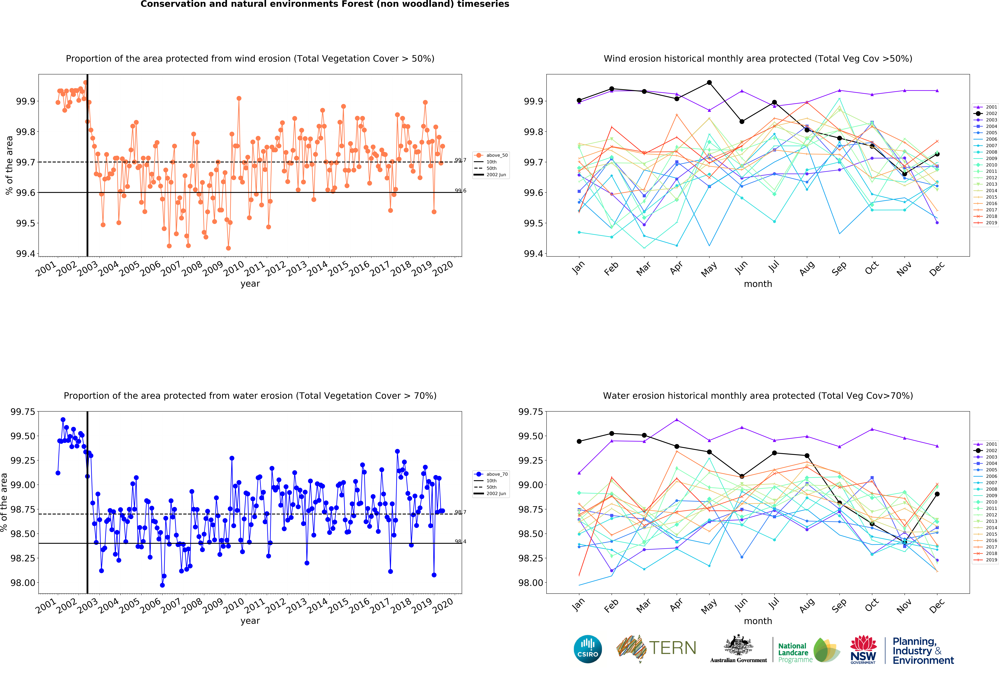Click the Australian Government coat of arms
pyautogui.click(x=738, y=645)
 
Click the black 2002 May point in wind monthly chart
pyautogui.click(x=709, y=83)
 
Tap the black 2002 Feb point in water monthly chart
pyautogui.click(x=612, y=433)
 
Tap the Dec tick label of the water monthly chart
pyautogui.click(x=937, y=605)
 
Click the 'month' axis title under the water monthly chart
pyautogui.click(x=758, y=621)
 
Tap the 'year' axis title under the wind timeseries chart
pyautogui.click(x=250, y=284)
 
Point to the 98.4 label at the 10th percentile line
pyautogui.click(x=460, y=541)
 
